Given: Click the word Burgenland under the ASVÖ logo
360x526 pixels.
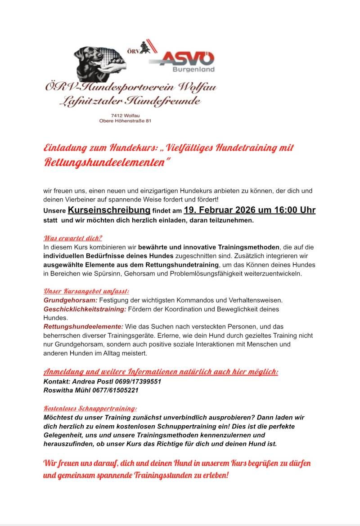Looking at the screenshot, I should click(x=193, y=70).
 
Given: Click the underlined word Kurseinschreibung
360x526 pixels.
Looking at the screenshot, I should click(x=109, y=210).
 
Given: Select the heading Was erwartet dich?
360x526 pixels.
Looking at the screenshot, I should click(x=72, y=238).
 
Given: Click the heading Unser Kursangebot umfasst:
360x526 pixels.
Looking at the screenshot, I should click(x=86, y=291).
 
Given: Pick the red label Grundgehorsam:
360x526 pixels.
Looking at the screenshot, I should click(x=70, y=300).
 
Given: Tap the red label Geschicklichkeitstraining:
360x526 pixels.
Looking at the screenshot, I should click(x=85, y=309).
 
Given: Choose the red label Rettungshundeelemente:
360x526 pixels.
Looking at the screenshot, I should click(x=83, y=326).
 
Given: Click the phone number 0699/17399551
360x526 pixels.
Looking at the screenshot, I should click(x=137, y=381).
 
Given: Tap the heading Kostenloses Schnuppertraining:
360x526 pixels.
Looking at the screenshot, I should click(x=90, y=408).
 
